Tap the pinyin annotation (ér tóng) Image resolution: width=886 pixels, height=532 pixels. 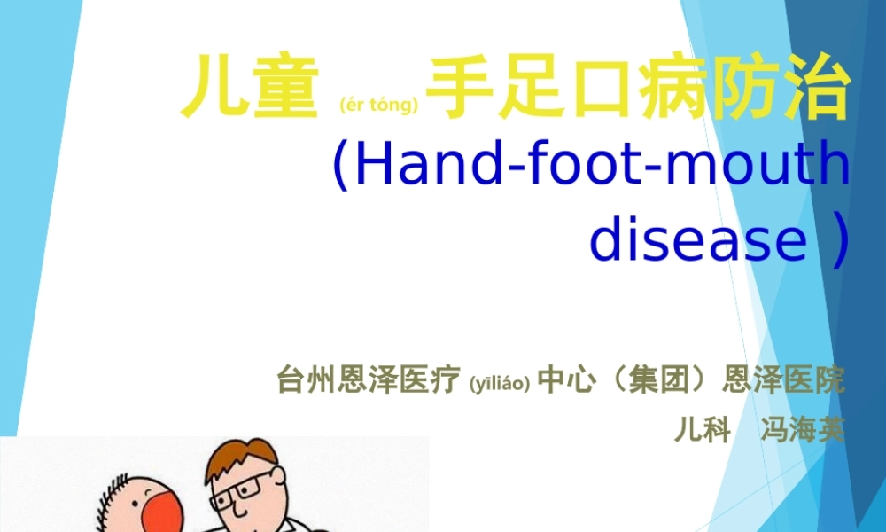[x=378, y=106]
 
